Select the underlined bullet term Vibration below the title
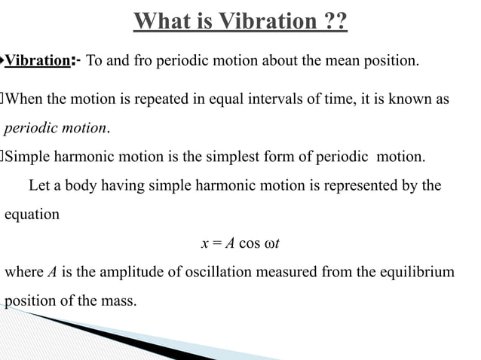click(x=38, y=61)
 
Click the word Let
click(x=38, y=186)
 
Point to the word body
click(x=78, y=186)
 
